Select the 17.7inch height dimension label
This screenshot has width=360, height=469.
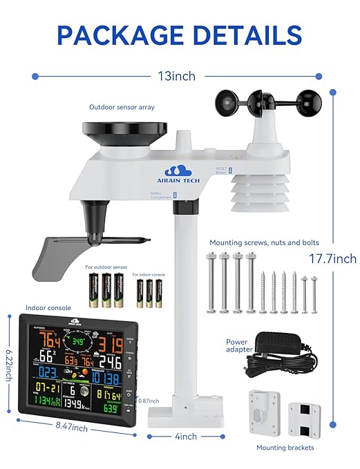[334, 258]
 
